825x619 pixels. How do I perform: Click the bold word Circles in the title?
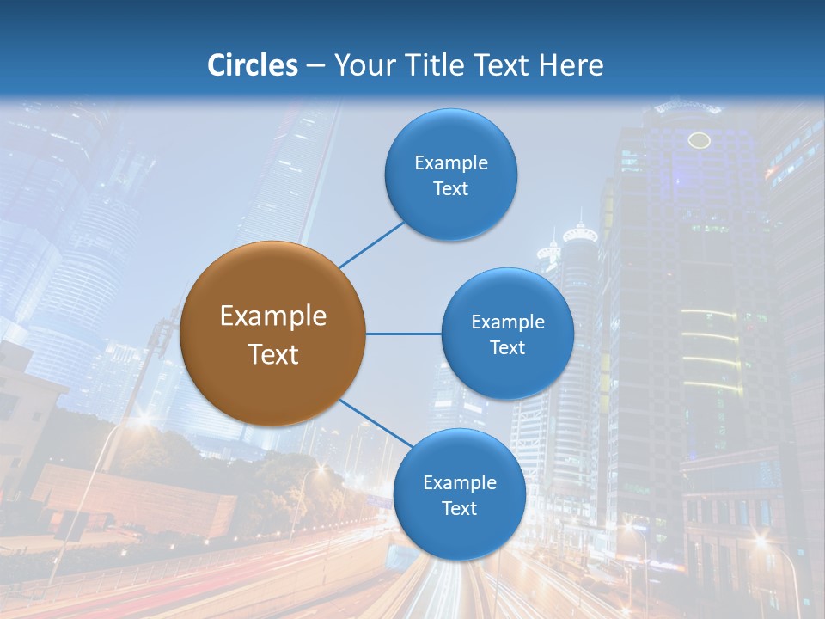coord(252,65)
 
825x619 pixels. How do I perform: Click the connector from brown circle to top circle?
coord(371,244)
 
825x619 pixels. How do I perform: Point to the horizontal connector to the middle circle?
coord(403,334)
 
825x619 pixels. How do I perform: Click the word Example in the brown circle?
coord(273,316)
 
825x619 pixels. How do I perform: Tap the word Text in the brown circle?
coord(273,354)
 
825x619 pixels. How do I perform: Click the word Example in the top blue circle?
coord(451,162)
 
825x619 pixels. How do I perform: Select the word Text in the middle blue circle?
coord(507,347)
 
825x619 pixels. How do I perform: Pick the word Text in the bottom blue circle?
coord(460,508)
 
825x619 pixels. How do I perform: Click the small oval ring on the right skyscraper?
coord(700,140)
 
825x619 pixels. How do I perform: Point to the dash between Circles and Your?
coord(315,65)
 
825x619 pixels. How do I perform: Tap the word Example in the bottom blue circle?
coord(460,482)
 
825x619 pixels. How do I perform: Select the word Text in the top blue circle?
coord(451,188)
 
